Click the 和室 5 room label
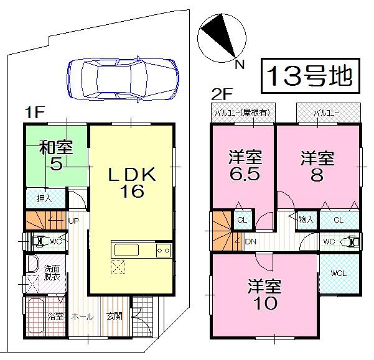(x=57, y=155)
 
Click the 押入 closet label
(x=44, y=198)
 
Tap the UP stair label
(x=73, y=221)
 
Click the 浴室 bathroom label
(x=56, y=316)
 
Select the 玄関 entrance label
(x=115, y=316)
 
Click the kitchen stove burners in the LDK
(x=163, y=250)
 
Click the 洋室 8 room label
(x=317, y=165)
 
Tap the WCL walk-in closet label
(x=338, y=272)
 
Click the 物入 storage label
(x=306, y=219)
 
